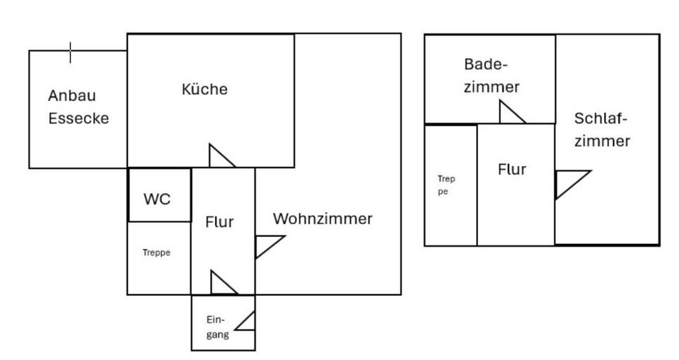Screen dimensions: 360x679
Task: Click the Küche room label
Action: point(204,90)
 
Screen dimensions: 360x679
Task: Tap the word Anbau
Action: point(71,95)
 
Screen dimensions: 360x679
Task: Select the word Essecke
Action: point(79,118)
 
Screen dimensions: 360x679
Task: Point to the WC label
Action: point(157,199)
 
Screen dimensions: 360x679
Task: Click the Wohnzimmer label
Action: point(323,219)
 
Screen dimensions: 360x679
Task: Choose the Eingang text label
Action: point(217,327)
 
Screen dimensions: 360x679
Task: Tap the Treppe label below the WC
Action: point(156,252)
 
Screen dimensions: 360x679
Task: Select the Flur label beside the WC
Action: point(219,222)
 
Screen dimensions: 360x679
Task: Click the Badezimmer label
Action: point(492,76)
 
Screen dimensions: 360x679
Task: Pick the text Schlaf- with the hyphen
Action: point(601,118)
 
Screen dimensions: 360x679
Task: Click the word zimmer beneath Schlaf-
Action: point(602,141)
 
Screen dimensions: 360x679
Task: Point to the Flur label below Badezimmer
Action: point(512,170)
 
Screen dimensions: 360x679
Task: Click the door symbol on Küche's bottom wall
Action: point(221,157)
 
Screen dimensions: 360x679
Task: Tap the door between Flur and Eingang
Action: point(222,283)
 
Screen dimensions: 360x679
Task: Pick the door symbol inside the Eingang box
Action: point(246,321)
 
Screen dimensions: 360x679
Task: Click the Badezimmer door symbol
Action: point(511,113)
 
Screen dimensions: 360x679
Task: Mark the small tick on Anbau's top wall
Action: point(71,52)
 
